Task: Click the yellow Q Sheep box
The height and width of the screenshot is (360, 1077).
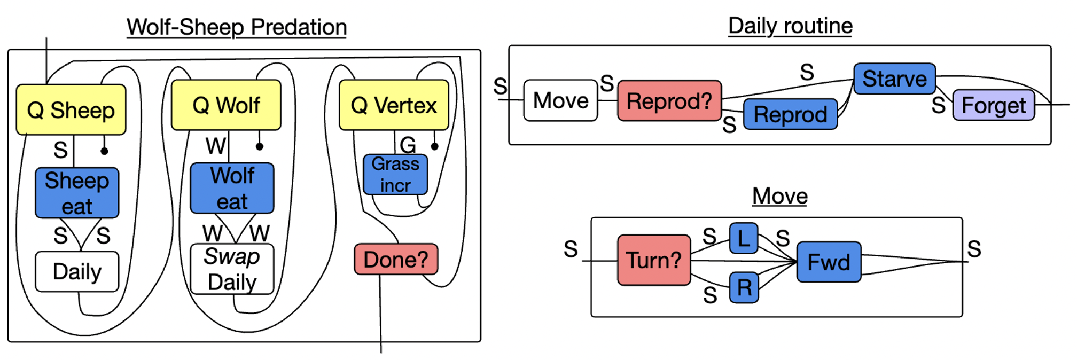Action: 71,109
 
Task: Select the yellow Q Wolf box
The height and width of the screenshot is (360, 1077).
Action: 226,105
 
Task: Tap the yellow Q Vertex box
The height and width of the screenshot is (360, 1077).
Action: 394,105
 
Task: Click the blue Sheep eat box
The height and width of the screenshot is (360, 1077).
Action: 77,193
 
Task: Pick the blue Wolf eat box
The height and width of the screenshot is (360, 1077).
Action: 232,189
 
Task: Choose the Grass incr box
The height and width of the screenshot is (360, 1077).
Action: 395,175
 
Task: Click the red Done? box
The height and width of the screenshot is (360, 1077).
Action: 396,260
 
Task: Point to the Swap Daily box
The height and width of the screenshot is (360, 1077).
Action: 232,269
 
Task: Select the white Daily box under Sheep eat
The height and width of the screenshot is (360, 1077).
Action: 77,272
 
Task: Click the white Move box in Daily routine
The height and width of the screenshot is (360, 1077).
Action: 560,100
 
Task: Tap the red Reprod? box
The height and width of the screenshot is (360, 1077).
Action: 669,100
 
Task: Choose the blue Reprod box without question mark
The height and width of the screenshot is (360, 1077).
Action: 790,114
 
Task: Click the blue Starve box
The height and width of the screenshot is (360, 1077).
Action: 894,79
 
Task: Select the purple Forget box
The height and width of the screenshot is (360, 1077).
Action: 993,105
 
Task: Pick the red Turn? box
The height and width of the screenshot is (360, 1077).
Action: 653,260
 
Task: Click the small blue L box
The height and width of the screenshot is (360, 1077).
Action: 744,238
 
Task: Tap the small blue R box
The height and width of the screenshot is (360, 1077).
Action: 744,288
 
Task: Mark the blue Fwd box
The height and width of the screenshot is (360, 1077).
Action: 829,262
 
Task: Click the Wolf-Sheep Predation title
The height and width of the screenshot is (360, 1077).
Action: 237,27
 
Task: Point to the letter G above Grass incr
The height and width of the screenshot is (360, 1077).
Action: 408,145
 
